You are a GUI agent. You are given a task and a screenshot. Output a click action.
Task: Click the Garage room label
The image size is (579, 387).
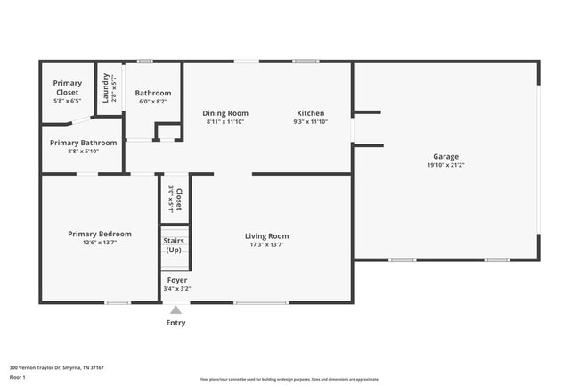pos(445,156)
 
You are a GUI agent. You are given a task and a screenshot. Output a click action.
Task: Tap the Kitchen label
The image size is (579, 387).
pos(310,113)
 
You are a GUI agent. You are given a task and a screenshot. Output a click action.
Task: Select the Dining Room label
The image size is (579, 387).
pos(226,113)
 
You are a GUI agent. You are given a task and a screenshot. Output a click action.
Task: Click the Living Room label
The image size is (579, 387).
pos(266,236)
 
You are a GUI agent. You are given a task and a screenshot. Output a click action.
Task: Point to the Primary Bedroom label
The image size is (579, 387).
pos(100,234)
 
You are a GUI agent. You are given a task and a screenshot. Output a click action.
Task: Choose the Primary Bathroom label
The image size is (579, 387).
pos(83,143)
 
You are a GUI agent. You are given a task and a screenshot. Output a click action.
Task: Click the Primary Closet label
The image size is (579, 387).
pos(67,87)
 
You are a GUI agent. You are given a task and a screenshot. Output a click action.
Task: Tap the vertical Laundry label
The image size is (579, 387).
pos(105,87)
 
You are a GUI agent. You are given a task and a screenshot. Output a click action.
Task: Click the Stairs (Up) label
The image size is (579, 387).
pos(174,244)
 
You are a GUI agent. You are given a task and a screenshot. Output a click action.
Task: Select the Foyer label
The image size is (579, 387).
pos(176,280)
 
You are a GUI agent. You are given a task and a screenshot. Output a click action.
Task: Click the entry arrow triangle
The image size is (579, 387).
pos(176,310)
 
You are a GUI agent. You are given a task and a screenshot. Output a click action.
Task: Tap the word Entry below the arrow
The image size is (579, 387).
pos(176,323)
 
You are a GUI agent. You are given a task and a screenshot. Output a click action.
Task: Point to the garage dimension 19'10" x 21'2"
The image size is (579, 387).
pos(445,165)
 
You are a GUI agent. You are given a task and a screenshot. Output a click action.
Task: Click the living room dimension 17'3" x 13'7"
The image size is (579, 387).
pos(266,245)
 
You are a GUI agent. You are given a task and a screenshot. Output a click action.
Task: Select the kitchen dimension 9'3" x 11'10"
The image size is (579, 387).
pos(310,122)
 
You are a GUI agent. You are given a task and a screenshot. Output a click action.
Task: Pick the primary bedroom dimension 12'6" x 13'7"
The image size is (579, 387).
pos(100,243)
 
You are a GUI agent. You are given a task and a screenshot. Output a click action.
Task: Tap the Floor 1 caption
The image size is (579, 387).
pos(18,377)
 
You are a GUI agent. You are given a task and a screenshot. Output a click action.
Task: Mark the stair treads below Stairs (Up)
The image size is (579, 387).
pos(174,263)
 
